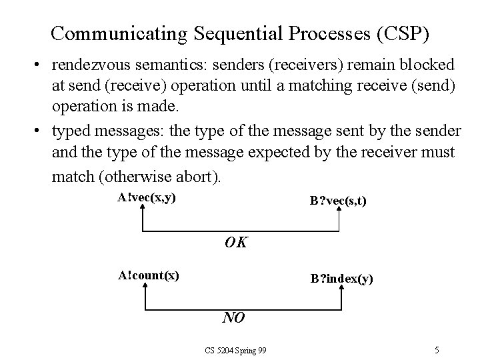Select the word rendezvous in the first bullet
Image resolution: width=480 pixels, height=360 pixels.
coord(90,65)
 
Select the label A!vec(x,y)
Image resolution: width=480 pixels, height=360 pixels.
coord(147,197)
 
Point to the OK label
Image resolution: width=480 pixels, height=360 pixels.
coord(235,243)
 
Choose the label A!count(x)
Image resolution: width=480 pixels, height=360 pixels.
coord(148,275)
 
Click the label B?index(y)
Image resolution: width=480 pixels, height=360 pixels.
coord(341,279)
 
